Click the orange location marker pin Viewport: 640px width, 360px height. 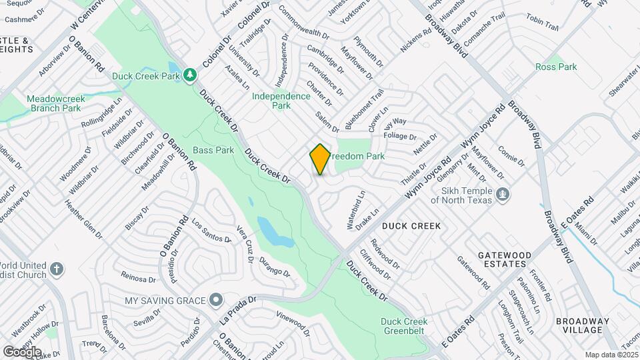point(320,159)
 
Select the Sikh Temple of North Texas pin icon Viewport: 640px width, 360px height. point(503,195)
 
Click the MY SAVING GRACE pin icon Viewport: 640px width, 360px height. point(215,301)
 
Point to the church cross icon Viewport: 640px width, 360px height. point(57,270)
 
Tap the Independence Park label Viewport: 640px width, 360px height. point(281,101)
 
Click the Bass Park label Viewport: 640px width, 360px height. point(213,150)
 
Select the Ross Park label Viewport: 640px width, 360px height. point(556,67)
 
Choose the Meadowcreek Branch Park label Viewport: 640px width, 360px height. point(54,103)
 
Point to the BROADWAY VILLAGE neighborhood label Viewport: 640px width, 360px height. point(582,325)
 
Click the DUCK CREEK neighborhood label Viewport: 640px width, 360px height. point(411,226)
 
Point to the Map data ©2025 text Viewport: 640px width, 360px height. point(610,355)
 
